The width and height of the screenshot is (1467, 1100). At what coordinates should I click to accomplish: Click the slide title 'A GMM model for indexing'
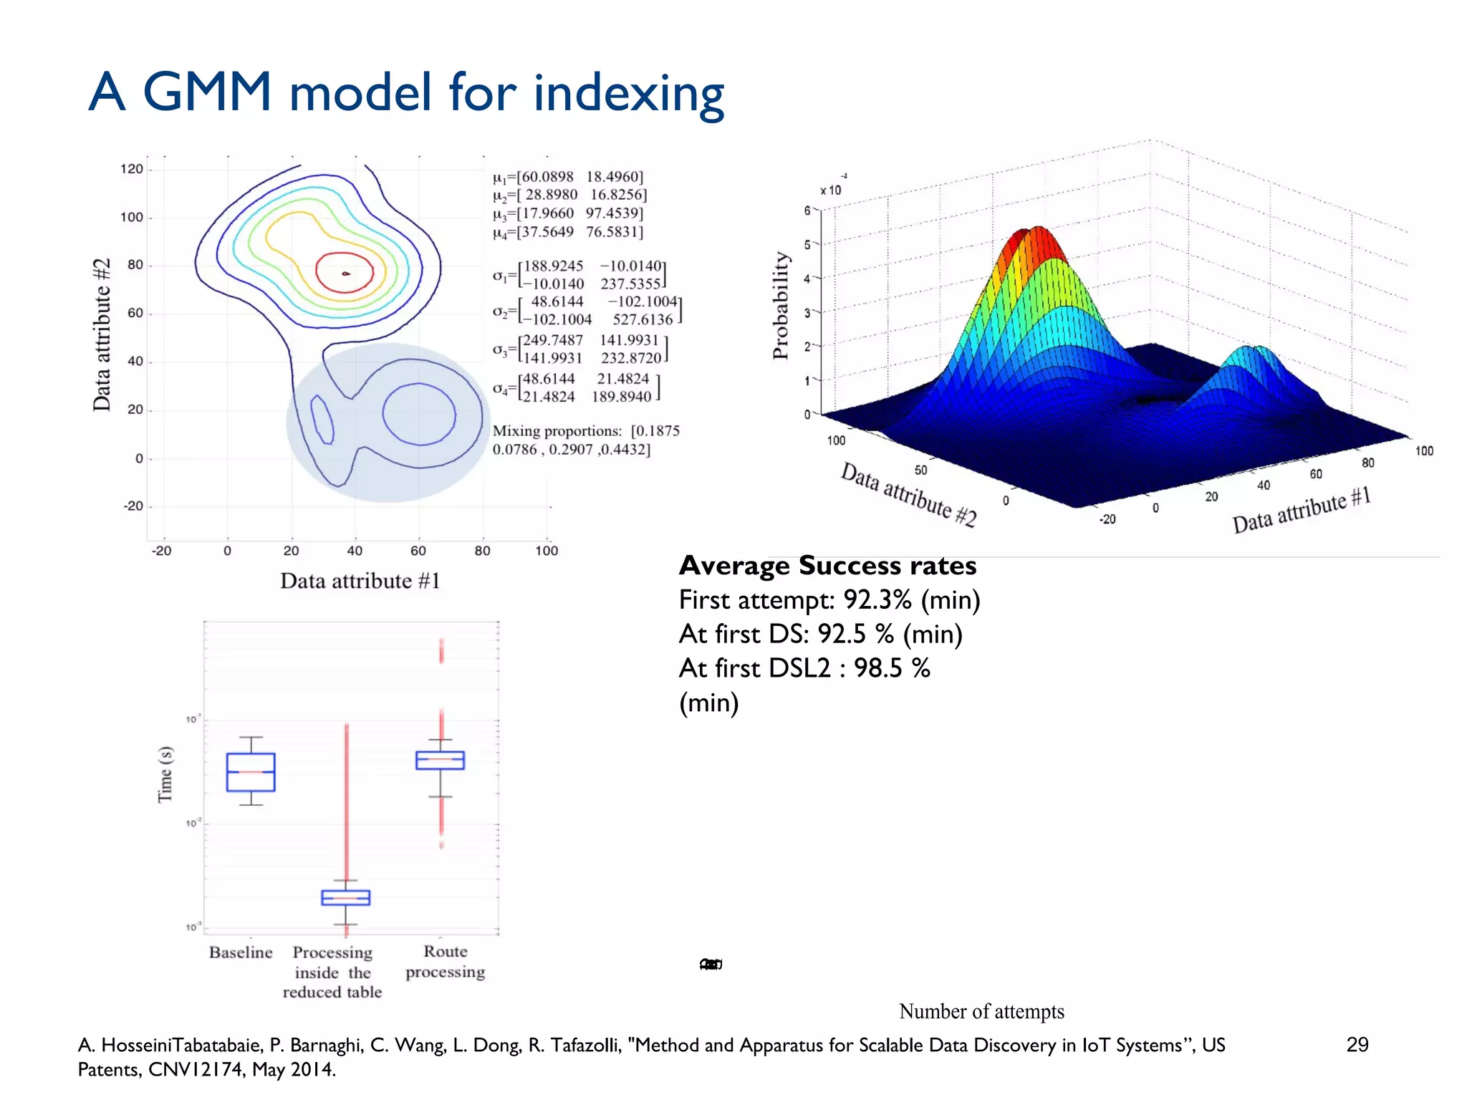point(405,93)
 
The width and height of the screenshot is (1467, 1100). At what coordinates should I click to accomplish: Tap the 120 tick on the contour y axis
point(132,169)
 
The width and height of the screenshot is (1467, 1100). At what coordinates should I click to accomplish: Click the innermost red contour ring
point(345,272)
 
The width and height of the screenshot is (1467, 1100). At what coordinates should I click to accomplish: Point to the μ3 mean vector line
point(567,213)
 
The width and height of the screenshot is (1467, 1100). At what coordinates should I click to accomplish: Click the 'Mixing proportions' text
point(557,431)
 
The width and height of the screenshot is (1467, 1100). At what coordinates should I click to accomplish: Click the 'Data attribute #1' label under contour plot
point(360,581)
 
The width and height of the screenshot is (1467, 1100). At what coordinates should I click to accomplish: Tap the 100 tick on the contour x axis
point(546,551)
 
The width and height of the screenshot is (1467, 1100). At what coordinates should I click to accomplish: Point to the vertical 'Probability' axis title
point(780,305)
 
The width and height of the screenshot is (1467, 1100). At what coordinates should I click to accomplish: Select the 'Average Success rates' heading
point(827,566)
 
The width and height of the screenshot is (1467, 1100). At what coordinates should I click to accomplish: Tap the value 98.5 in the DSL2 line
point(877,668)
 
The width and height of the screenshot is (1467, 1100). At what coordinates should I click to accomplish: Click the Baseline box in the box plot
point(251,772)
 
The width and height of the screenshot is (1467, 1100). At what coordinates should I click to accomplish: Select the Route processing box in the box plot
point(440,760)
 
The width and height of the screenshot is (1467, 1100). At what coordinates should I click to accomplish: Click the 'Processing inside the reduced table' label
point(332,972)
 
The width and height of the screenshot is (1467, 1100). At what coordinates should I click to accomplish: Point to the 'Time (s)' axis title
point(165,774)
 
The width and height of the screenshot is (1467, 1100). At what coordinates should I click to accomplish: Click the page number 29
point(1357,1044)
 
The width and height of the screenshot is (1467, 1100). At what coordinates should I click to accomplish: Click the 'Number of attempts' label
point(981,1011)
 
